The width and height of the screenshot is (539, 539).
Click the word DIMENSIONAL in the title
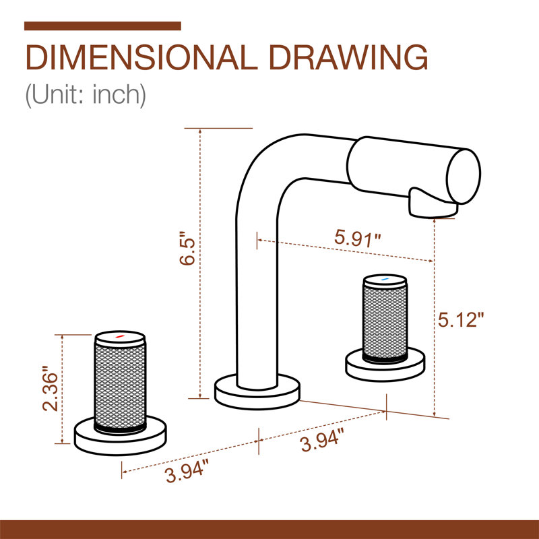coord(141,57)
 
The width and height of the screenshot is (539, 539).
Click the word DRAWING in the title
coord(348,57)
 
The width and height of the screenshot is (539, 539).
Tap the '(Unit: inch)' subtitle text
coord(86,95)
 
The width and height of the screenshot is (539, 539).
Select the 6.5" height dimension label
coord(187,247)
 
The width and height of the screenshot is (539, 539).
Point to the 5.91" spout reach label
coord(358,239)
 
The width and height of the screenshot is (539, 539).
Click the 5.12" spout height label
coord(461,320)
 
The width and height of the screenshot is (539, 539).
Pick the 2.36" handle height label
coord(51,389)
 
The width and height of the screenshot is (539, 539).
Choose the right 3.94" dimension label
coord(322,440)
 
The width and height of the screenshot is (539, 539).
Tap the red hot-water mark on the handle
coord(119,336)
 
